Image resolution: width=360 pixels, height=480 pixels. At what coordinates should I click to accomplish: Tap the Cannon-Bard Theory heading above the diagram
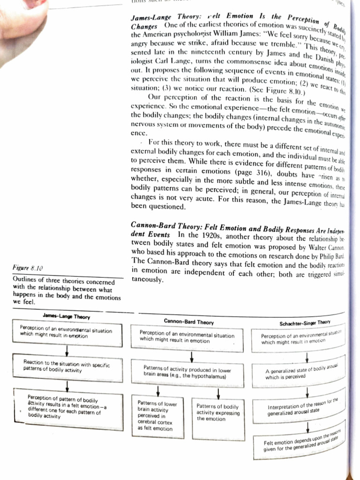(x=188, y=322)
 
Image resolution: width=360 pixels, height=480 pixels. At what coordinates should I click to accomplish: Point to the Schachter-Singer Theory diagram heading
(x=305, y=322)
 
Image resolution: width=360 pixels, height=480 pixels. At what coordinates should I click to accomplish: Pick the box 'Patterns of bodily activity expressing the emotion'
(x=218, y=412)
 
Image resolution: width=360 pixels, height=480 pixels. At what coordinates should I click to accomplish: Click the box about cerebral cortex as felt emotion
(x=158, y=415)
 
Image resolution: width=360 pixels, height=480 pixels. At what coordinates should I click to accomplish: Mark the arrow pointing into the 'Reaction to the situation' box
(x=67, y=351)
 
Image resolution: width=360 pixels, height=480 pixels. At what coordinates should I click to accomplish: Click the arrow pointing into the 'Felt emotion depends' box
(x=307, y=426)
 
